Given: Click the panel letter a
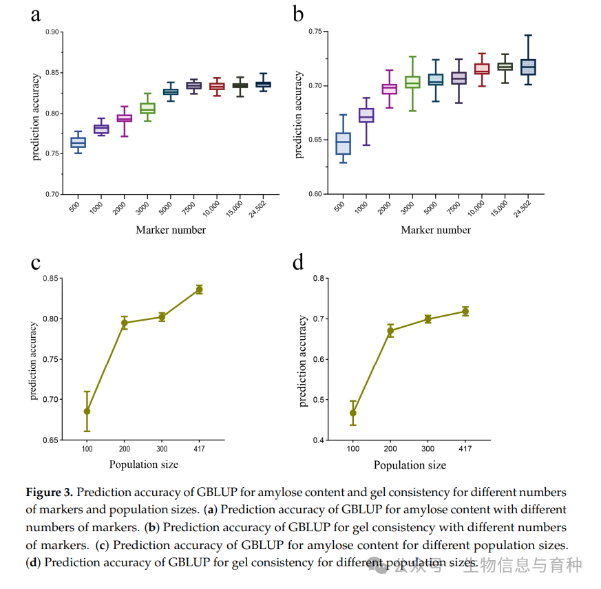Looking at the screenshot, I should pyautogui.click(x=35, y=15).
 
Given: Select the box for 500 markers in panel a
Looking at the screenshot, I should pyautogui.click(x=78, y=142).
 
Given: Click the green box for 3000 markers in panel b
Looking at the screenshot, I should pyautogui.click(x=412, y=82).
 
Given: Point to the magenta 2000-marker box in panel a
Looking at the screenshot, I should pyautogui.click(x=124, y=118).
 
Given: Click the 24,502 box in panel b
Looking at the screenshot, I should pyautogui.click(x=528, y=67).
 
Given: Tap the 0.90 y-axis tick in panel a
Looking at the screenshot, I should pyautogui.click(x=52, y=32).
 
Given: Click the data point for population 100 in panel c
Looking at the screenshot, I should pyautogui.click(x=87, y=411).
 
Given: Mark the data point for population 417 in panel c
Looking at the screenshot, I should pyautogui.click(x=200, y=290).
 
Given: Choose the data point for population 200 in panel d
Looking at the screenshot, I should pyautogui.click(x=390, y=330).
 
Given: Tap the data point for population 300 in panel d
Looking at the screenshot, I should pyautogui.click(x=428, y=319).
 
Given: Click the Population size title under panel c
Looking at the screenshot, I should pyautogui.click(x=143, y=464).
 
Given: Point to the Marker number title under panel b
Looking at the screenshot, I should pyautogui.click(x=436, y=230).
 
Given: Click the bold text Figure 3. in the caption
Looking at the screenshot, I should pyautogui.click(x=50, y=493).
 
